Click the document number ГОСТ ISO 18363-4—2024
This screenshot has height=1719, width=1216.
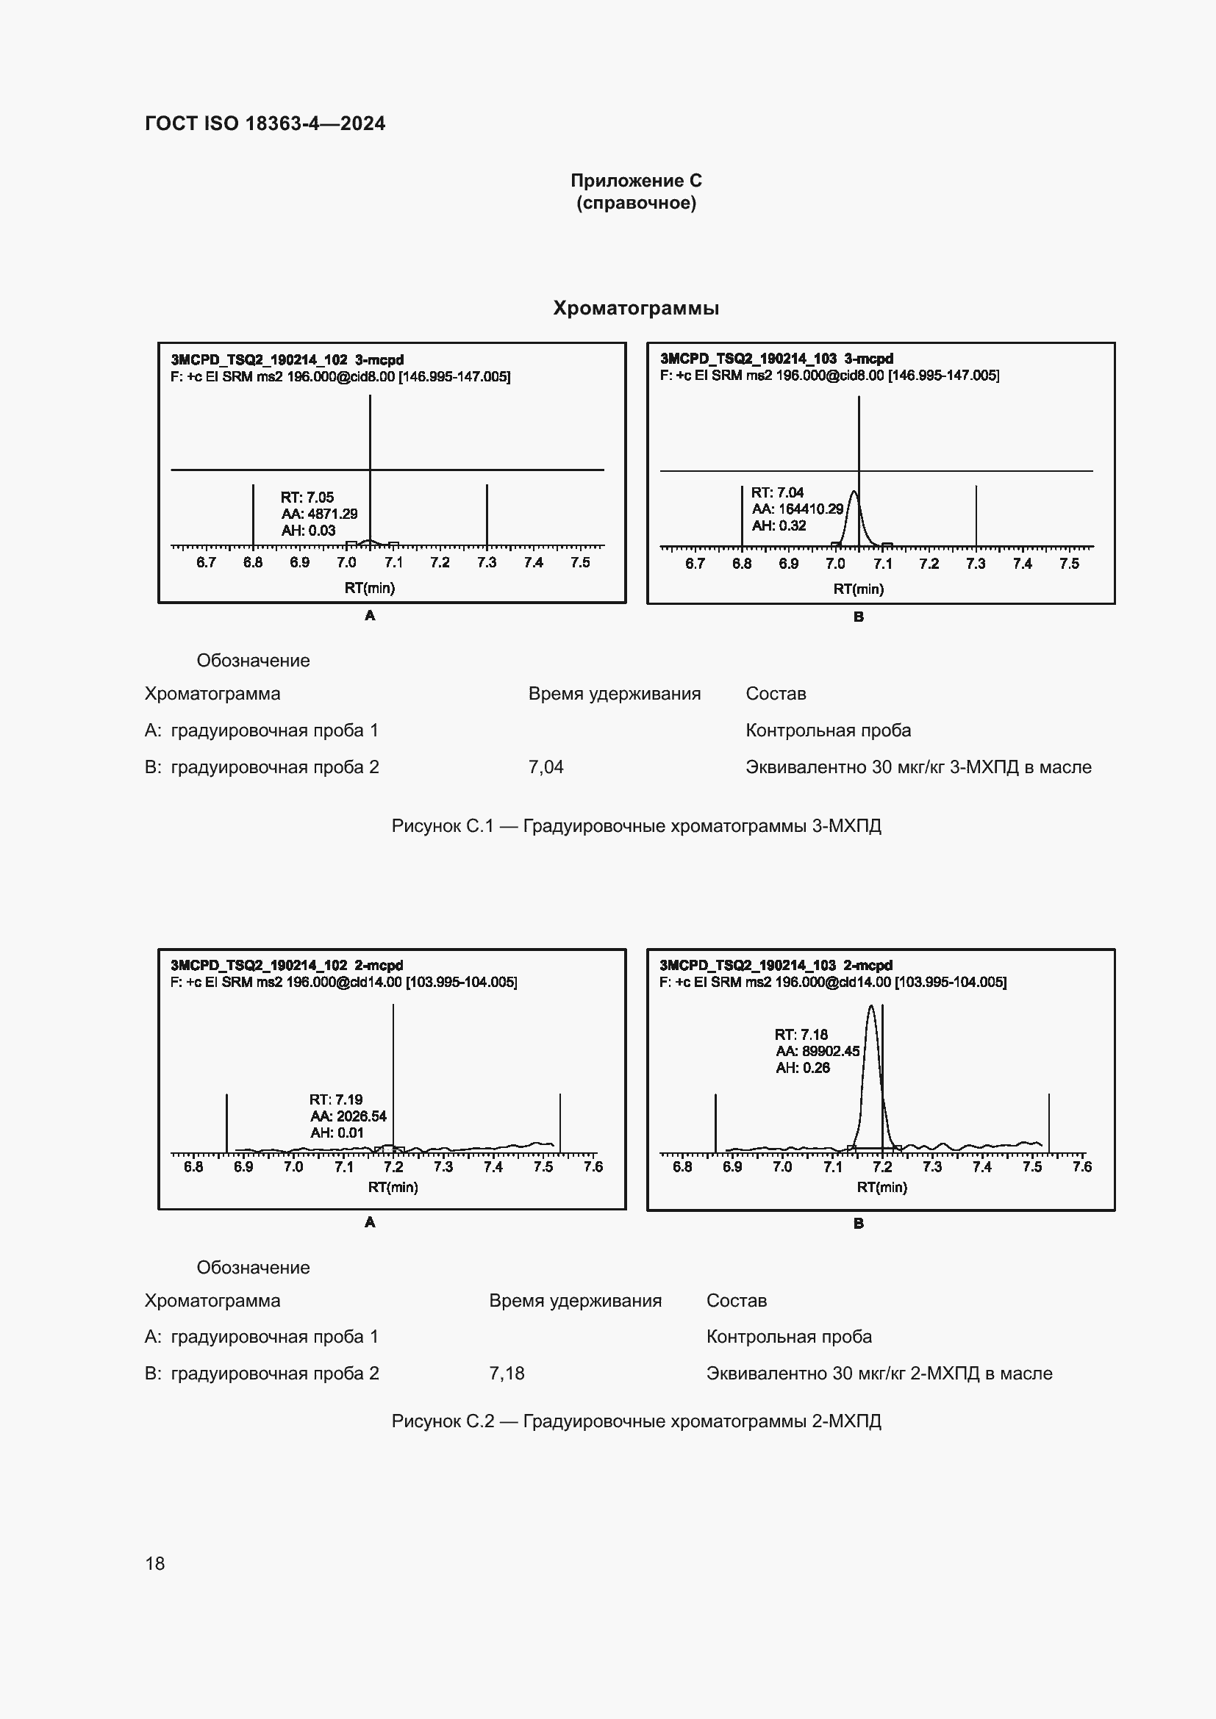[x=265, y=123]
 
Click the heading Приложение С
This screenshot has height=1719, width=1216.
[x=636, y=181]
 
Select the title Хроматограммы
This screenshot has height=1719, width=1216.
[x=636, y=308]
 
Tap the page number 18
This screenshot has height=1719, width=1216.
[x=155, y=1563]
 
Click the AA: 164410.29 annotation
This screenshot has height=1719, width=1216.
[x=798, y=509]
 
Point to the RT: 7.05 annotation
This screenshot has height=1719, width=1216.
[x=307, y=497]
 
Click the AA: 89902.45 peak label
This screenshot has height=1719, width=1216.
[x=818, y=1051]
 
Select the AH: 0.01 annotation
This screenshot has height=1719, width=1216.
[x=337, y=1133]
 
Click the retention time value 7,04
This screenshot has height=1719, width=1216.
[x=546, y=767]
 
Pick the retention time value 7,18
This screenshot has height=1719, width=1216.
[x=507, y=1373]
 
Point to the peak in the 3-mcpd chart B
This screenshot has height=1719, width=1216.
[x=854, y=493]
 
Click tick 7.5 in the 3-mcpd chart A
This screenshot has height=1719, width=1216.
[x=580, y=562]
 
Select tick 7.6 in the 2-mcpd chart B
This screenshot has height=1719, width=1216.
[x=1082, y=1166]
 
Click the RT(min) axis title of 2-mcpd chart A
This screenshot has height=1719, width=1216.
[x=393, y=1187]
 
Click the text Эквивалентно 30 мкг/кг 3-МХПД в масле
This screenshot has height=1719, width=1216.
[x=918, y=767]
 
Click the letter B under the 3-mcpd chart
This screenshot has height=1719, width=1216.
[x=859, y=617]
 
